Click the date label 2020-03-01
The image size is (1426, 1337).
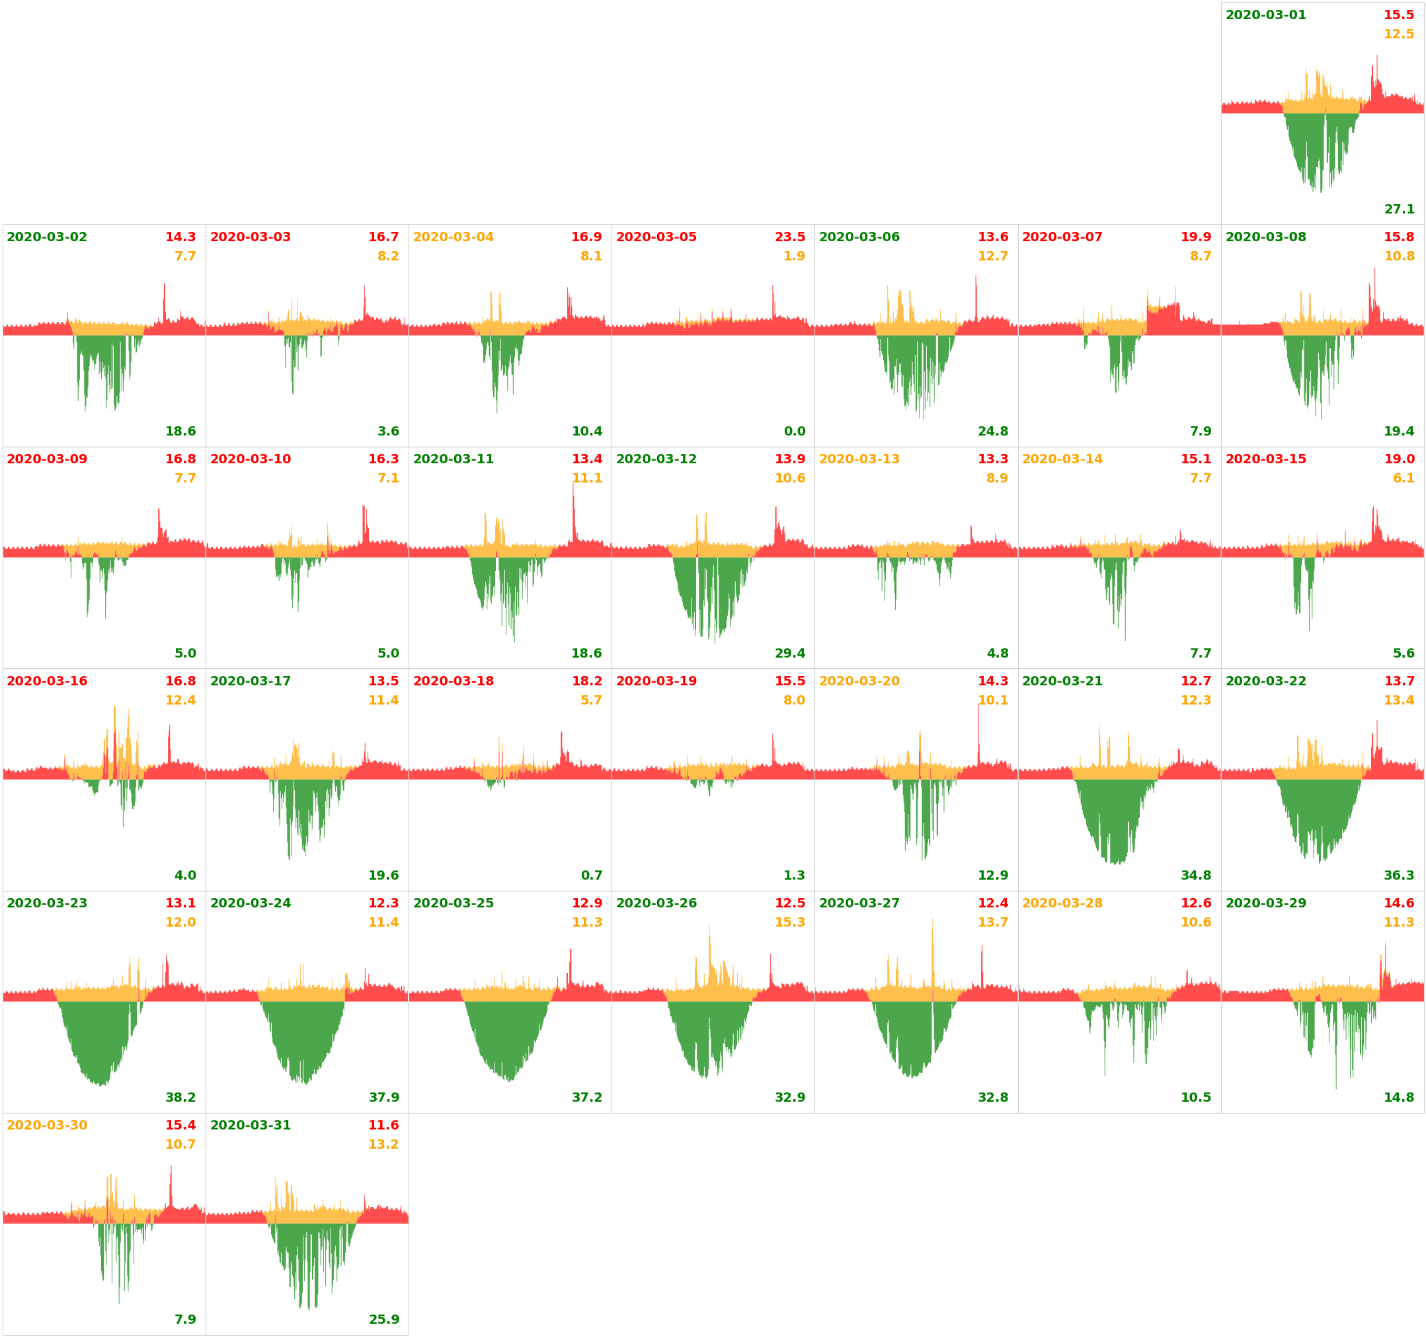pos(1265,15)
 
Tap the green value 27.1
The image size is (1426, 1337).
pos(1399,210)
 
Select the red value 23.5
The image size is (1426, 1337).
pos(790,237)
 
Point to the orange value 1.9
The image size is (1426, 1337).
pos(794,256)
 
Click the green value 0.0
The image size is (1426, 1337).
pos(794,431)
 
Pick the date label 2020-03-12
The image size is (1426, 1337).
pos(656,459)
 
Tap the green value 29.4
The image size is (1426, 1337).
pos(790,654)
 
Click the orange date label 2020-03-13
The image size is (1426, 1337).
pos(859,459)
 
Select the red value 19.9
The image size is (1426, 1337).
pos(1196,237)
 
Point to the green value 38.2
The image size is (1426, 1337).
pos(180,1098)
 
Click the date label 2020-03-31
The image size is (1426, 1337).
pos(251,1126)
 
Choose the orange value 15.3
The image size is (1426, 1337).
pos(790,923)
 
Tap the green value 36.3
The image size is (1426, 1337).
pos(1399,875)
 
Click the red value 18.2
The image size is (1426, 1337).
pos(587,681)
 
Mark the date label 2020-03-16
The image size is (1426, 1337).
pos(48,681)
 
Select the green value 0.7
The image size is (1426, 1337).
pos(591,875)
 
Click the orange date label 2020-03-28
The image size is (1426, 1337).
pos(1062,903)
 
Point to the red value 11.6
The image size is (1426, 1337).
pos(383,1126)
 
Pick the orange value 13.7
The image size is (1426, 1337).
pos(993,923)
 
